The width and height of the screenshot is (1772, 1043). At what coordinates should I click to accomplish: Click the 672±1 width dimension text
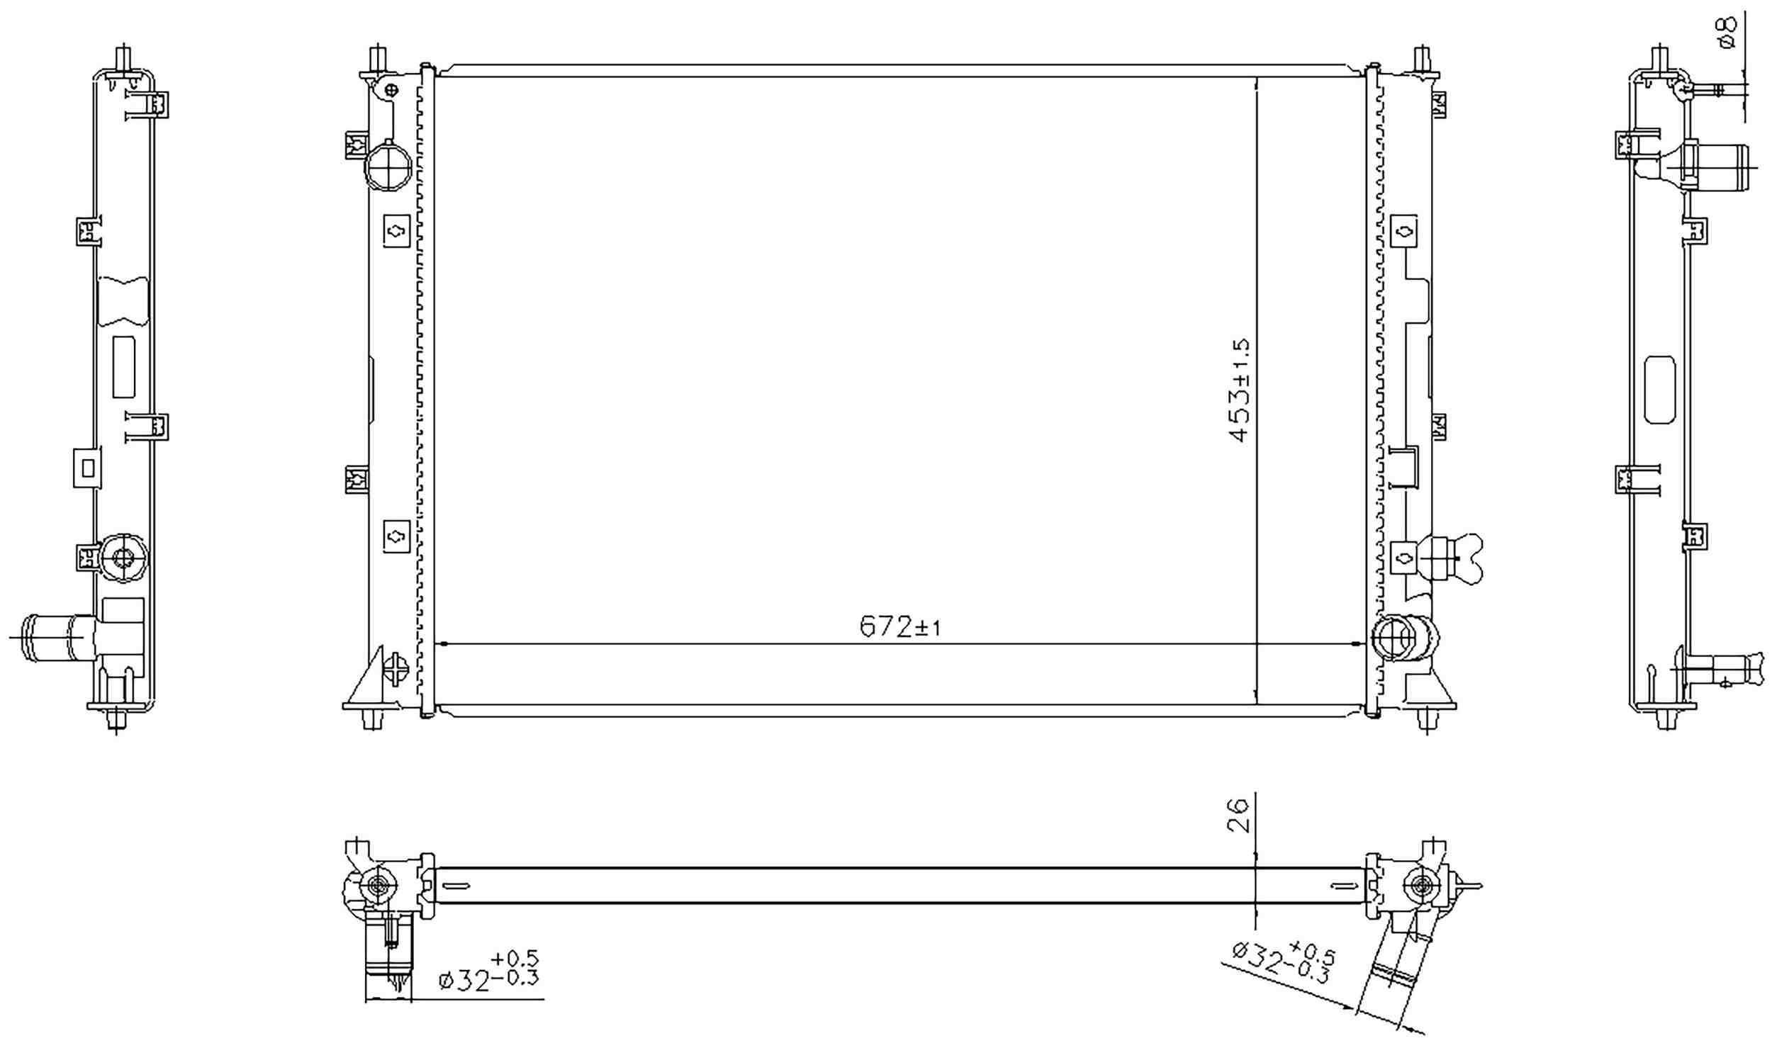[899, 626]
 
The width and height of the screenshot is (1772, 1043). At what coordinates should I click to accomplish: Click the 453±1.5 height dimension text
[1240, 390]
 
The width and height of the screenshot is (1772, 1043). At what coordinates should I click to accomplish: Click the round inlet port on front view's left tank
[388, 166]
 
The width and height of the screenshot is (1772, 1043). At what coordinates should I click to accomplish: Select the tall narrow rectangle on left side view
[123, 366]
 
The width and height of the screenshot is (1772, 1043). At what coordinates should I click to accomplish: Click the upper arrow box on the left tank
[396, 230]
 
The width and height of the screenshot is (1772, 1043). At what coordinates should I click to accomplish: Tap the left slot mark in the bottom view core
[455, 885]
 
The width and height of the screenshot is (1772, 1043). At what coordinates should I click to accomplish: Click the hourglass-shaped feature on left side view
[122, 302]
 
